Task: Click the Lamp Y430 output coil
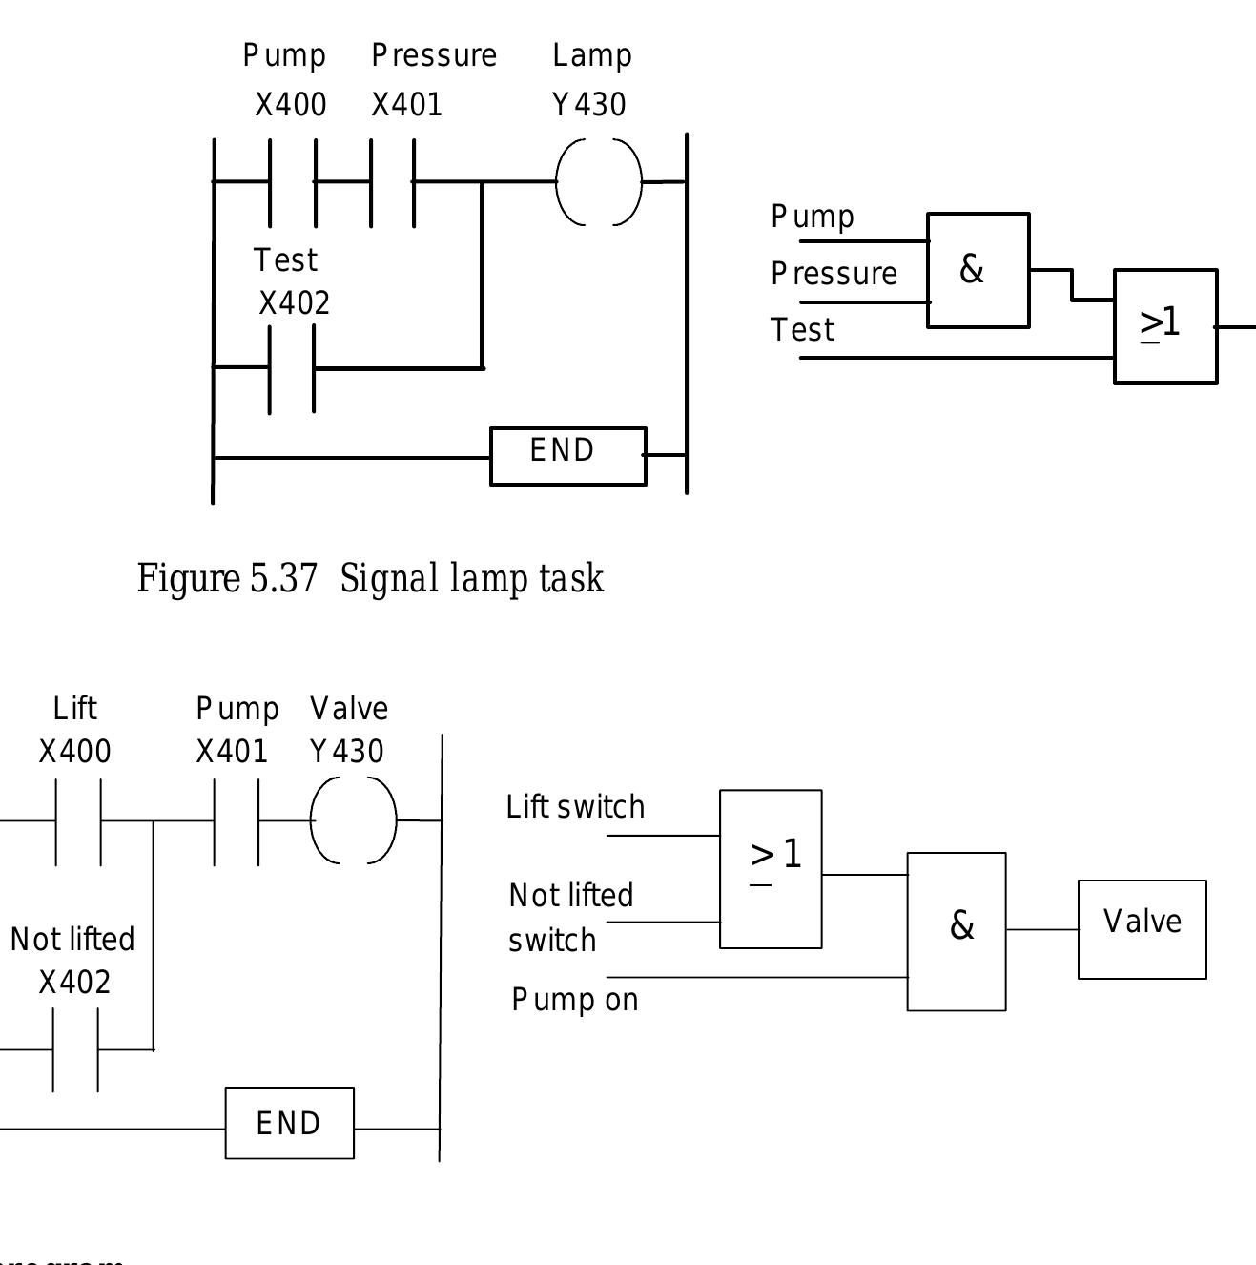[x=599, y=182]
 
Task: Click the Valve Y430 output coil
[x=353, y=820]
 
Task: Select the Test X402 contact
[x=292, y=368]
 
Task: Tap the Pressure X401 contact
[x=392, y=181]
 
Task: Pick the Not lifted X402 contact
[x=75, y=1049]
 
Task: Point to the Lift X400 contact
[x=78, y=820]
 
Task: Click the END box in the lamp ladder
[x=567, y=456]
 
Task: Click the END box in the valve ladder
[x=289, y=1123]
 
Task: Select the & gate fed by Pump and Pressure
[x=978, y=270]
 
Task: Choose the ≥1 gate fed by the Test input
[x=1164, y=326]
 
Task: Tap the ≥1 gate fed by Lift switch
[x=771, y=869]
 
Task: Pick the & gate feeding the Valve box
[x=956, y=931]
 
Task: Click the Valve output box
[x=1142, y=929]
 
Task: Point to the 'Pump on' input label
[x=575, y=1000]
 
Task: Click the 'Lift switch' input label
[x=575, y=807]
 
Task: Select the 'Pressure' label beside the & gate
[x=834, y=275]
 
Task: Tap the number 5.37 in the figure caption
[x=283, y=579]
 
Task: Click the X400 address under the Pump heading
[x=291, y=105]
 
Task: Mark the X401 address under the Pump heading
[x=232, y=752]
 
